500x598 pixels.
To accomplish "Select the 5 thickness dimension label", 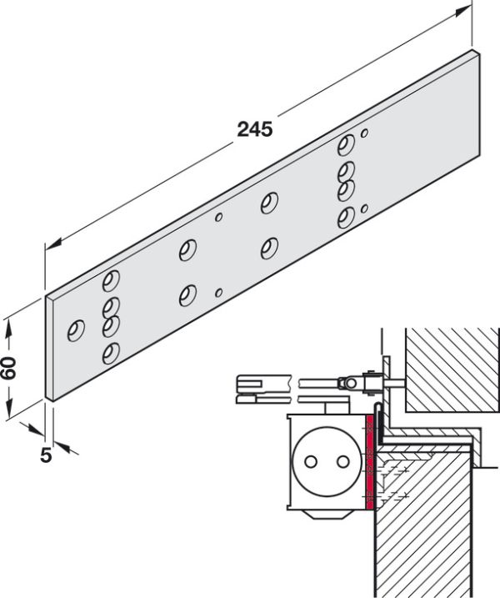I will (45, 455).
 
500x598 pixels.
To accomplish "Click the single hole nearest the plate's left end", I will (76, 330).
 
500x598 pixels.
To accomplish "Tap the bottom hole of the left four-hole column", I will (109, 354).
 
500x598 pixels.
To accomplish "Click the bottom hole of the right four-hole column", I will (345, 219).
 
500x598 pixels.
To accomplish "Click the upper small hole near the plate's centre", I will (219, 217).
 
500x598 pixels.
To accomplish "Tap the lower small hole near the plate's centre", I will (219, 292).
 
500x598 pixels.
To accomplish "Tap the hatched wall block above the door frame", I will (450, 367).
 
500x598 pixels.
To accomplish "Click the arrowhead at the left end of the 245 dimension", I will (48, 245).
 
